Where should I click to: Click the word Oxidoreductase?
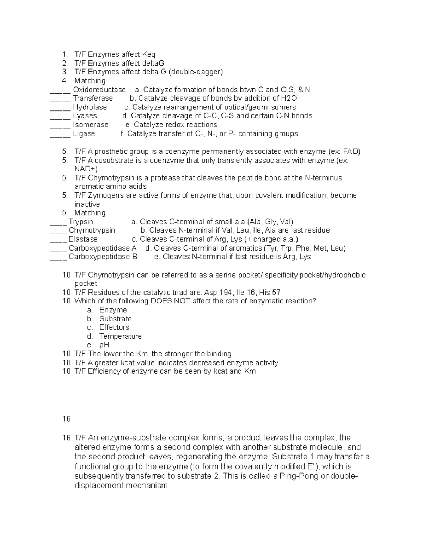pyautogui.click(x=99, y=90)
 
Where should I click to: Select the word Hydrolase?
pyautogui.click(x=90, y=107)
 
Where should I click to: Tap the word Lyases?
pyautogui.click(x=85, y=116)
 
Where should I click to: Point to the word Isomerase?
pyautogui.click(x=91, y=125)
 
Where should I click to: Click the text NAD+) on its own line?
pyautogui.click(x=86, y=169)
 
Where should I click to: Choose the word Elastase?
pyautogui.click(x=83, y=239)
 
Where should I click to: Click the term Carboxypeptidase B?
pyautogui.click(x=103, y=257)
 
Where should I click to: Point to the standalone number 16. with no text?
pyautogui.click(x=67, y=419)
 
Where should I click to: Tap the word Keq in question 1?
pyautogui.click(x=148, y=54)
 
